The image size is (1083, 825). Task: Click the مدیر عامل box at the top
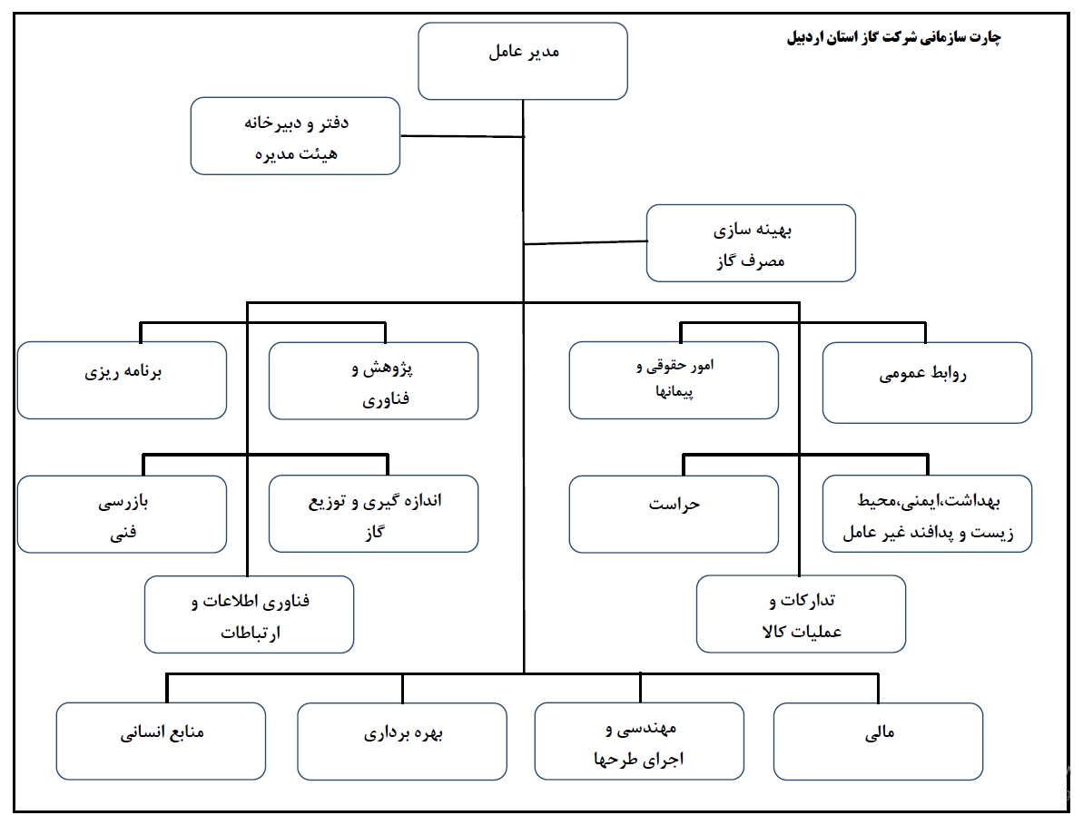[523, 62]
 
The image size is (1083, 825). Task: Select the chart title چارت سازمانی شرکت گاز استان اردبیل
[894, 36]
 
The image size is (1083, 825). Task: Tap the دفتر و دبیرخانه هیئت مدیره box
[296, 136]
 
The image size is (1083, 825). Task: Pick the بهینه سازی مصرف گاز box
[751, 243]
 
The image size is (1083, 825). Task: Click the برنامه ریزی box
[123, 380]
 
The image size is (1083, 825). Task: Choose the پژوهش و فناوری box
[374, 381]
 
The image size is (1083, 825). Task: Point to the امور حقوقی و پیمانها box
[674, 380]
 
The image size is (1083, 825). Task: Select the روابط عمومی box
[927, 383]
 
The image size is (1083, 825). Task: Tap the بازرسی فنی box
[123, 515]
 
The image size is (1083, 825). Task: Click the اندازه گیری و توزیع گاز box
[374, 514]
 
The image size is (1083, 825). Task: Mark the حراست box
[674, 515]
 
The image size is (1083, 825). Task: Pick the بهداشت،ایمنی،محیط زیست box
[927, 514]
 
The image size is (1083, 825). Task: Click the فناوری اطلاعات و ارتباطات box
[250, 614]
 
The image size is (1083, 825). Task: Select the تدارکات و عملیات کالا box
[802, 614]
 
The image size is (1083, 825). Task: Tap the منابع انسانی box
[161, 742]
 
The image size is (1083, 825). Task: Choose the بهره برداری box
[402, 742]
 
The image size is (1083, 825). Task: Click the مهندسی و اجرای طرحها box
[640, 742]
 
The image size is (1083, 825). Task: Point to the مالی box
[879, 742]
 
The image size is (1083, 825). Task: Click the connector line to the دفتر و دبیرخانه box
[462, 136]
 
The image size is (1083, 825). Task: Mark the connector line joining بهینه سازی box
[585, 242]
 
